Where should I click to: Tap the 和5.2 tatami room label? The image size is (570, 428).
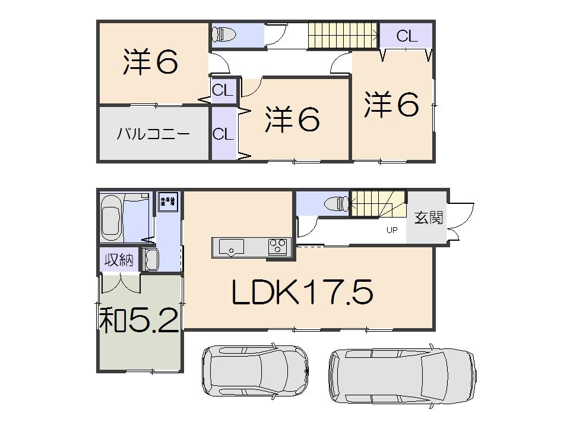click(138, 322)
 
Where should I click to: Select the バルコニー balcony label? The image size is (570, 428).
click(153, 133)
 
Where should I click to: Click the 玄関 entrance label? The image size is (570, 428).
click(428, 218)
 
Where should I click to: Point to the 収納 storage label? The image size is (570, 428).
click(119, 260)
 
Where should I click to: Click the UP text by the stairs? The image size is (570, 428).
click(392, 231)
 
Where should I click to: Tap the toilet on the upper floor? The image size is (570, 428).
click(224, 34)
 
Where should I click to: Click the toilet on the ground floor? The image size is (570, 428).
click(337, 204)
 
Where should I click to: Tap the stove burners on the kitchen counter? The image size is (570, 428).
click(277, 246)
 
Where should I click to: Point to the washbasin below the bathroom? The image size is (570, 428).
click(150, 260)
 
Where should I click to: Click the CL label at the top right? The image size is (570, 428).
click(407, 36)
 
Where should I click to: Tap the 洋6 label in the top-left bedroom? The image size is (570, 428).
click(151, 62)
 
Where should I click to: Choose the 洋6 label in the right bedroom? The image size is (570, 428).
click(392, 105)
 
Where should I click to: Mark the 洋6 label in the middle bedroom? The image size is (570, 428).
click(293, 119)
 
